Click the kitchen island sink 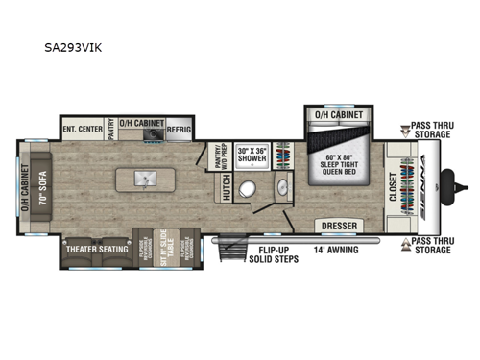144,180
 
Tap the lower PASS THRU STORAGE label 428,245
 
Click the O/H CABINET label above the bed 339,113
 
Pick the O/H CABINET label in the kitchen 144,124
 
